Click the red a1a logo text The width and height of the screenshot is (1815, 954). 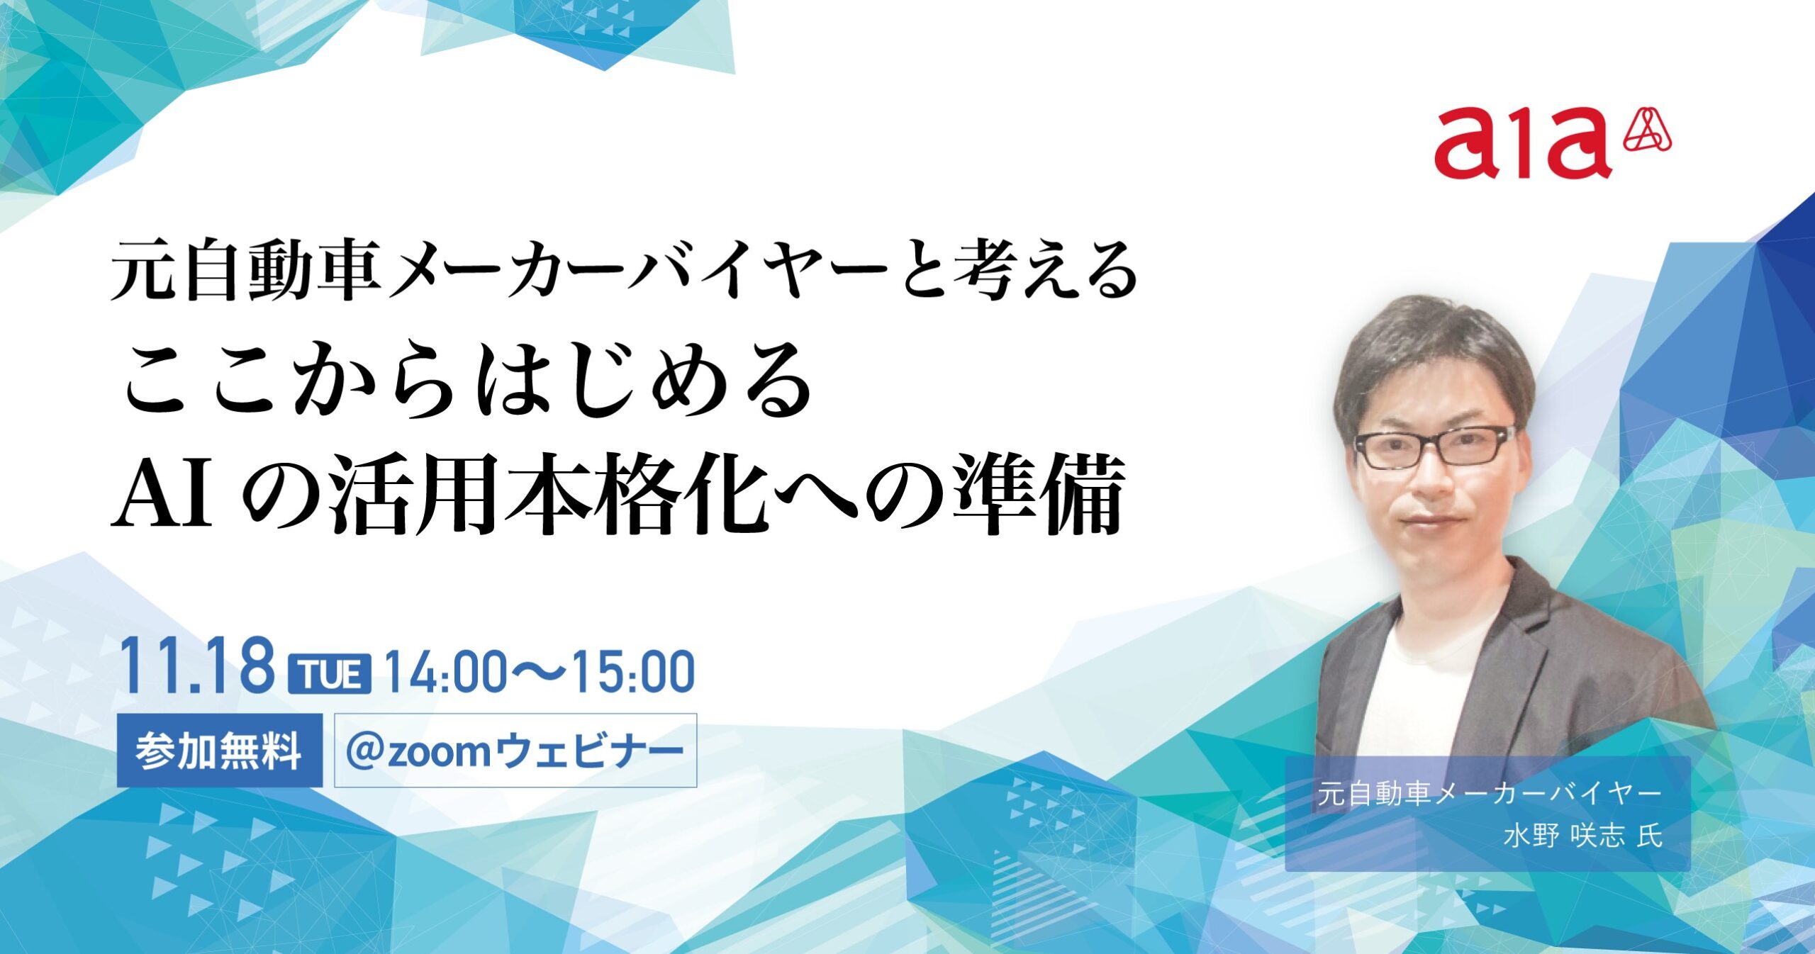click(1522, 143)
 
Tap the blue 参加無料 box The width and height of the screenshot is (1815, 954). click(219, 751)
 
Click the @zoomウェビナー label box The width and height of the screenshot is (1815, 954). click(515, 751)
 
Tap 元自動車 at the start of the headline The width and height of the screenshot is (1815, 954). click(245, 270)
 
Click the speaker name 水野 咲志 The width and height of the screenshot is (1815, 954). click(1564, 836)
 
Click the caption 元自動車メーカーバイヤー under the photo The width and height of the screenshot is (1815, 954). click(1489, 794)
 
